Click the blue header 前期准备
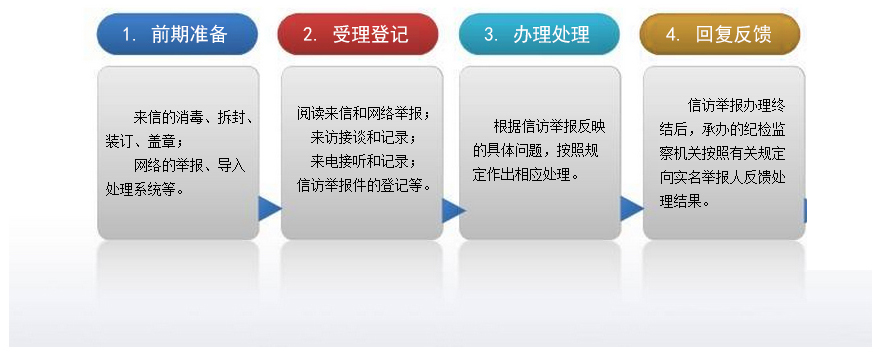tap(178, 34)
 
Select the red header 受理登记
tap(358, 34)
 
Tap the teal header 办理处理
tap(539, 34)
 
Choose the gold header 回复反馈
tap(720, 34)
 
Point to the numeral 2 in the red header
tap(309, 35)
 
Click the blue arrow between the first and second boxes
tap(269, 209)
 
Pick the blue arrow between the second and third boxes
tap(454, 209)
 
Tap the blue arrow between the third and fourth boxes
tap(632, 209)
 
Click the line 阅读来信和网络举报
tap(363, 114)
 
